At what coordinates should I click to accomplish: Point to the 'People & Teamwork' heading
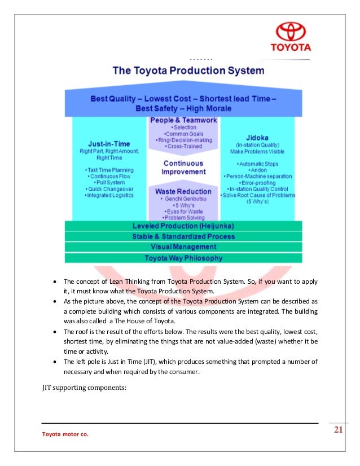[x=183, y=121]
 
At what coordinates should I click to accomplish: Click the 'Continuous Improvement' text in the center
[x=183, y=167]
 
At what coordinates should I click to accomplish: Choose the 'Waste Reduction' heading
[x=183, y=192]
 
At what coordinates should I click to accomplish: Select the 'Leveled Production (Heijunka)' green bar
[x=183, y=226]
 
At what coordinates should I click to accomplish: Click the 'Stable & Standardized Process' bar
[x=183, y=236]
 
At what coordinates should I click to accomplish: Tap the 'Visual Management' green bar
[x=183, y=247]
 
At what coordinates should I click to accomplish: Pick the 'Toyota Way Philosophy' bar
[x=183, y=258]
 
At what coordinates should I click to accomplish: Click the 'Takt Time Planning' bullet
[x=109, y=169]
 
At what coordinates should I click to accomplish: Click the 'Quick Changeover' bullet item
[x=109, y=188]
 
